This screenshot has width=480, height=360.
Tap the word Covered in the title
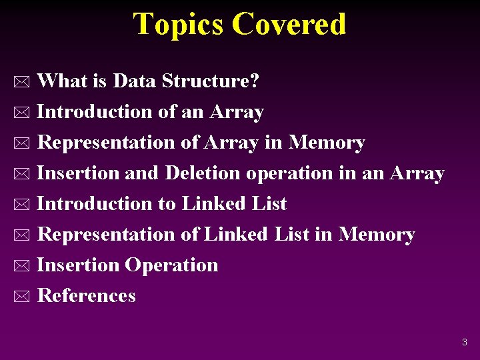[289, 24]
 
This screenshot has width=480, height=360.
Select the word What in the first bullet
[63, 81]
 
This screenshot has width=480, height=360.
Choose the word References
[87, 296]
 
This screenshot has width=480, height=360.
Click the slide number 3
[465, 343]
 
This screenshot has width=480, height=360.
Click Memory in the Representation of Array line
[327, 143]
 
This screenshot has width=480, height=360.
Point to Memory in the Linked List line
[377, 235]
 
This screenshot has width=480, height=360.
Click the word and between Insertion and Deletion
[142, 173]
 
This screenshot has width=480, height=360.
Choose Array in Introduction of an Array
[237, 112]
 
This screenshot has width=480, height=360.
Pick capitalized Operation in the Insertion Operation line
[172, 265]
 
